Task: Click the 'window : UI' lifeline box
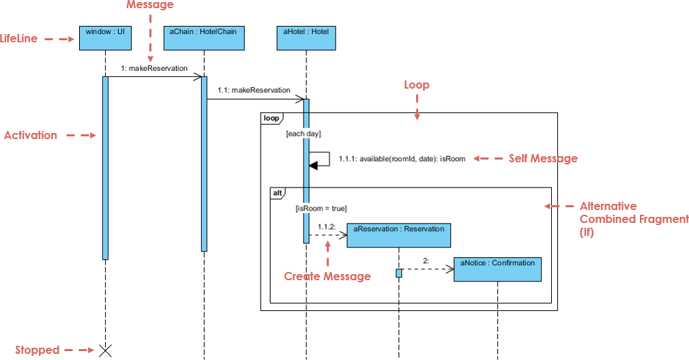(x=105, y=38)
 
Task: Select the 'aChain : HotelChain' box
(x=203, y=38)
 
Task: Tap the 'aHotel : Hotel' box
(x=306, y=38)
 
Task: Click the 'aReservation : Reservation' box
(x=399, y=235)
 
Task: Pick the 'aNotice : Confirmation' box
(x=497, y=269)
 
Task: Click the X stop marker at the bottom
(x=105, y=350)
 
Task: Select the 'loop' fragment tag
(x=271, y=119)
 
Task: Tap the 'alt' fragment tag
(x=278, y=193)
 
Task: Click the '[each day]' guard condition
(x=304, y=134)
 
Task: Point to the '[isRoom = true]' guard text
(x=321, y=209)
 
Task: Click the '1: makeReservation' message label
(x=154, y=69)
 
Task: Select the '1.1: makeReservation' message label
(x=254, y=90)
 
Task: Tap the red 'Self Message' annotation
(x=543, y=159)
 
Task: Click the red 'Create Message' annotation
(x=327, y=276)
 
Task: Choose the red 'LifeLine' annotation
(x=19, y=39)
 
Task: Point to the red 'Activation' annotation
(x=31, y=136)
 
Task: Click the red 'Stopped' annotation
(x=38, y=350)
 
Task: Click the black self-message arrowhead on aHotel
(x=313, y=164)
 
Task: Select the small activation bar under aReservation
(x=399, y=273)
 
